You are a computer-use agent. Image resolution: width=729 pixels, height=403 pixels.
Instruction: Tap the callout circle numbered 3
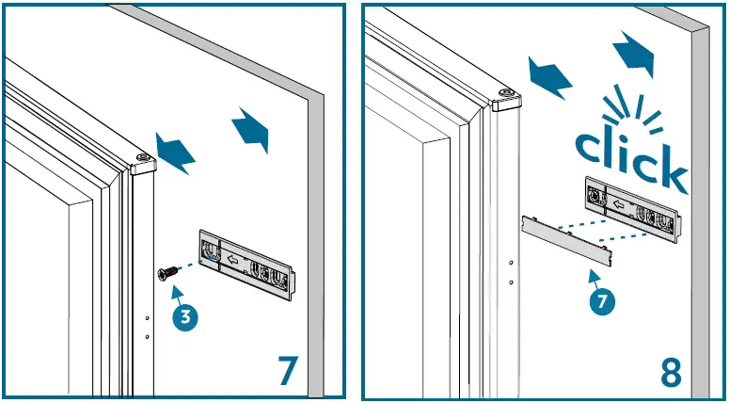(x=186, y=317)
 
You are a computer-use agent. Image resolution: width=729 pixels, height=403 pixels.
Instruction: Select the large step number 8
(x=670, y=371)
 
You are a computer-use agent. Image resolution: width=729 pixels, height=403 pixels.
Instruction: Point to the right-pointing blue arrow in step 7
(x=251, y=129)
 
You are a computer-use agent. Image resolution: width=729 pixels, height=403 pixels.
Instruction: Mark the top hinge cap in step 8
(x=507, y=97)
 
